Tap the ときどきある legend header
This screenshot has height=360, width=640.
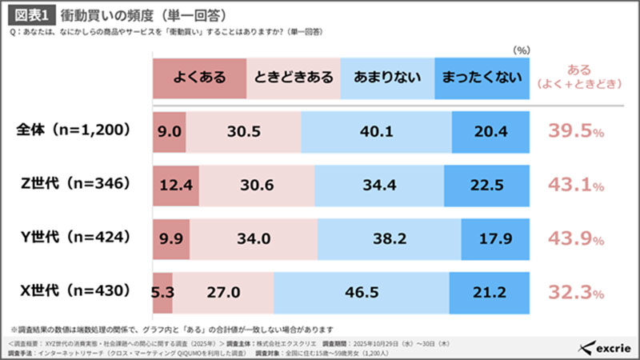(x=294, y=78)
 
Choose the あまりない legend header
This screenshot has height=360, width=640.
(x=388, y=78)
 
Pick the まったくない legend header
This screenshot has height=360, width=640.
(x=482, y=78)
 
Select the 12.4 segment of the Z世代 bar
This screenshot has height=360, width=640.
(x=175, y=185)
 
